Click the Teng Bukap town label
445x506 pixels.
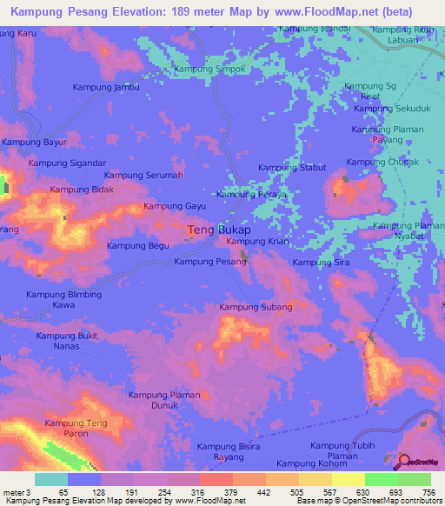point(219,230)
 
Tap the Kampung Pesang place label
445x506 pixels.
point(209,261)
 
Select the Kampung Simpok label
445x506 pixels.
point(209,69)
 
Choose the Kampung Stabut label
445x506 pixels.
point(292,167)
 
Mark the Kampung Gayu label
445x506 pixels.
point(174,206)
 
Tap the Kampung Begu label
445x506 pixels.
point(137,246)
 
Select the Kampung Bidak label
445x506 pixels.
point(82,190)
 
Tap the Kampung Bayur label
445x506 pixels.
point(35,142)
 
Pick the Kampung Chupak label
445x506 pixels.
point(382,162)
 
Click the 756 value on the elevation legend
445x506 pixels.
point(429,492)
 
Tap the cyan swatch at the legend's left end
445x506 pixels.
point(50,479)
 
